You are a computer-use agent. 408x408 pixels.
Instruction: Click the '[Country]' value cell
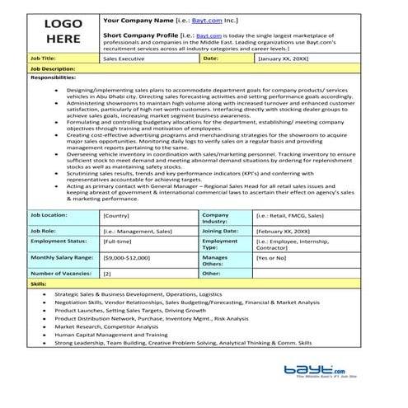[x=117, y=215]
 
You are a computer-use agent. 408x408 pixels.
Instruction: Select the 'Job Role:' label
[x=44, y=230]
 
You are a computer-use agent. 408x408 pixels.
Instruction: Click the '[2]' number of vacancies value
[x=107, y=272]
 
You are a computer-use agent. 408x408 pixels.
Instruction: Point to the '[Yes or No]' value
[x=271, y=257]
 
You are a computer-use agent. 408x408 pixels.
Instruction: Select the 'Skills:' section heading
[x=38, y=282]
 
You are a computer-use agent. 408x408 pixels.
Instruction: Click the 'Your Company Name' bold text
[x=138, y=18]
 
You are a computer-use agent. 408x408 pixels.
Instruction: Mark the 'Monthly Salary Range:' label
[x=61, y=257]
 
